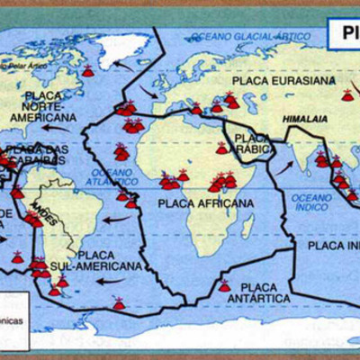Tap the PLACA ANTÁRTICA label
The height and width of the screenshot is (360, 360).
click(x=258, y=291)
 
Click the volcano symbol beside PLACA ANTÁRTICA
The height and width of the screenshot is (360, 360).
click(x=224, y=286)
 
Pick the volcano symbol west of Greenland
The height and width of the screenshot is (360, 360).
click(x=87, y=70)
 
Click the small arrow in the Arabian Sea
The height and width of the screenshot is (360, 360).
click(x=285, y=166)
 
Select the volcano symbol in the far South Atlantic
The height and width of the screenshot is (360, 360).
click(x=119, y=304)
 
